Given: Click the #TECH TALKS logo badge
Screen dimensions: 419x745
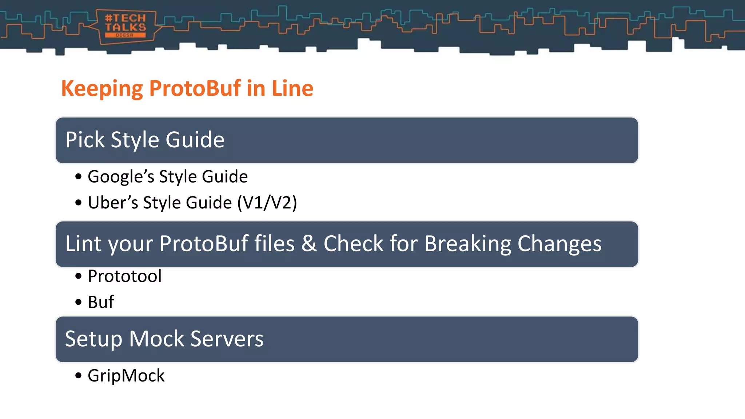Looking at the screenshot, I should [x=126, y=27].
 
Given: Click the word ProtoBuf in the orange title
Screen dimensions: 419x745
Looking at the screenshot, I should [x=195, y=88].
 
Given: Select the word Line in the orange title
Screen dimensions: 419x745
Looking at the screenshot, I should [x=292, y=88].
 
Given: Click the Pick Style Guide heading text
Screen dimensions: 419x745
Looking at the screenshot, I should [x=145, y=140].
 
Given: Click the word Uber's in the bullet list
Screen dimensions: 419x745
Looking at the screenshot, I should [x=113, y=203].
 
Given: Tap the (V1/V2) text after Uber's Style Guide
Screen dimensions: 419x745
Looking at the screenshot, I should [x=267, y=203].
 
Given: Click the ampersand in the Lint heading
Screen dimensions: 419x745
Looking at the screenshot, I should [x=309, y=243].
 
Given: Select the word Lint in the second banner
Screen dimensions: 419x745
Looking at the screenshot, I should [x=83, y=243].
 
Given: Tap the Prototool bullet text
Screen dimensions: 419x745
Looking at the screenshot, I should [x=125, y=276].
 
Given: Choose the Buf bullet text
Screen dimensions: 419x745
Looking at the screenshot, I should [x=101, y=302].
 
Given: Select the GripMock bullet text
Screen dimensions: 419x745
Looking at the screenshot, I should [x=126, y=376].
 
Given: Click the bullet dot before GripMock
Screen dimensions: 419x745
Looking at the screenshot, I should [x=79, y=376].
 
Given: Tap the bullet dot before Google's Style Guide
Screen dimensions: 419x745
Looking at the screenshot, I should [x=79, y=177].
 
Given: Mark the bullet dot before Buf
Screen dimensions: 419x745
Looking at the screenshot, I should [x=79, y=302].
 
